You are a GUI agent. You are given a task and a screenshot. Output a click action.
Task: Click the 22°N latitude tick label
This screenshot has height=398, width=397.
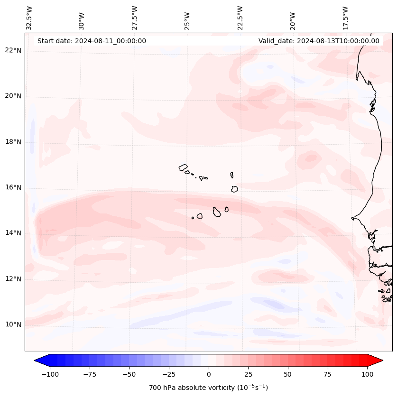[13, 51]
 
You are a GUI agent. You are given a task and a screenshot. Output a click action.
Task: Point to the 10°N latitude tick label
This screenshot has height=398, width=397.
[13, 324]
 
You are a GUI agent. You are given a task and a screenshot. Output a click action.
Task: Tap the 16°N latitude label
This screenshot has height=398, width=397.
[13, 187]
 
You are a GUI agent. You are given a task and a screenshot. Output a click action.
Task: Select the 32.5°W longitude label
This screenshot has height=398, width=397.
[29, 18]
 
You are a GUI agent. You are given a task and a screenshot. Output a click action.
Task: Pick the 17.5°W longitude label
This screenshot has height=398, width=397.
[345, 18]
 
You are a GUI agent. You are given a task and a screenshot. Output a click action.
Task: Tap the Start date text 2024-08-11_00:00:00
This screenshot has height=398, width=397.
[92, 41]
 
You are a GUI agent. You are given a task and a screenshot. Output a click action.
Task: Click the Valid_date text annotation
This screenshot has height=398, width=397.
[319, 41]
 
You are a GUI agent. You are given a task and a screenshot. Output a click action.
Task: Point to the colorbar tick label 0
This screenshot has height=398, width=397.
[209, 374]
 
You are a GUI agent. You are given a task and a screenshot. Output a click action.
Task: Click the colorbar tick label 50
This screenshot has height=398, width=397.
[288, 374]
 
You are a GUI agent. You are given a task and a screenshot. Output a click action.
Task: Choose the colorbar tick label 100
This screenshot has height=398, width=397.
[368, 374]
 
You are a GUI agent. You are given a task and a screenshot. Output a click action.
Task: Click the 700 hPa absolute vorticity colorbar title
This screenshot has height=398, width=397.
[209, 388]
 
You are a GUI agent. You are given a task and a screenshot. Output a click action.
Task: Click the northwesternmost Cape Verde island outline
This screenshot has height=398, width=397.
[183, 167]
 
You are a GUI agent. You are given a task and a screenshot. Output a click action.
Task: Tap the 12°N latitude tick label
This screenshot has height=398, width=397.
[13, 279]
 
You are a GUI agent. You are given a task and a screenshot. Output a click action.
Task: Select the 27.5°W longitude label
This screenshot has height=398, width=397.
[135, 18]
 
